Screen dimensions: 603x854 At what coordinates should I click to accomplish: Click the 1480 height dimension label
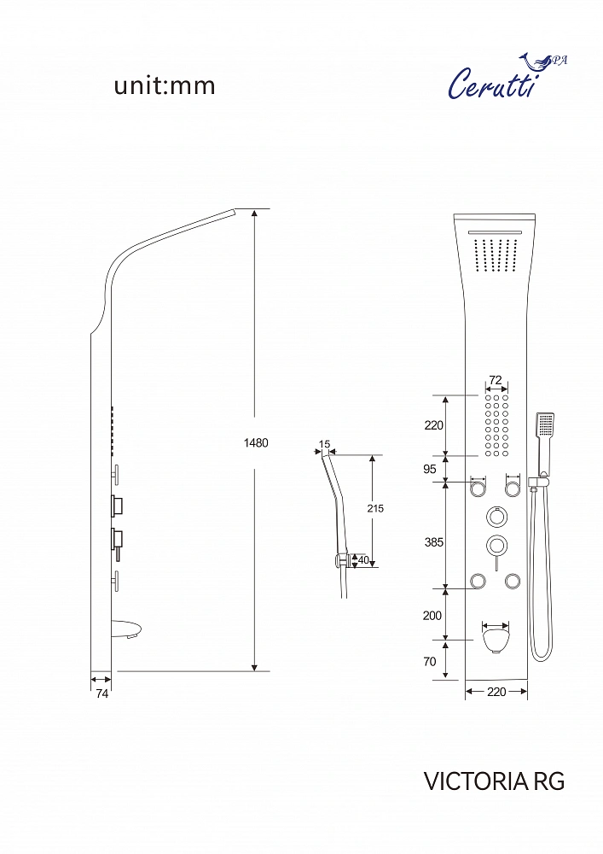coord(256,442)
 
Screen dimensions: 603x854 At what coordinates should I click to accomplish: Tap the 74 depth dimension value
coord(101,694)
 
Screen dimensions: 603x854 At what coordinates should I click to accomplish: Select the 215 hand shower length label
coord(375,508)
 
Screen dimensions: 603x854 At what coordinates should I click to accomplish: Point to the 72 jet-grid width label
coord(496,380)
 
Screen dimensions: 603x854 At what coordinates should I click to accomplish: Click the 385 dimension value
coord(434,542)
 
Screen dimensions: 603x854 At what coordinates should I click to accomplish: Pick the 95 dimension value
coord(430,469)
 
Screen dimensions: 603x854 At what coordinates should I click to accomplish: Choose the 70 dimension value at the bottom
coord(430,661)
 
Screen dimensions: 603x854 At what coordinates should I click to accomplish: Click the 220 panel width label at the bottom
coord(496,692)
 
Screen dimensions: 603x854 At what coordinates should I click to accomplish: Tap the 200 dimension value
coord(432,616)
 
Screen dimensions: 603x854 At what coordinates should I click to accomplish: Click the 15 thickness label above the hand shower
coord(324,444)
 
